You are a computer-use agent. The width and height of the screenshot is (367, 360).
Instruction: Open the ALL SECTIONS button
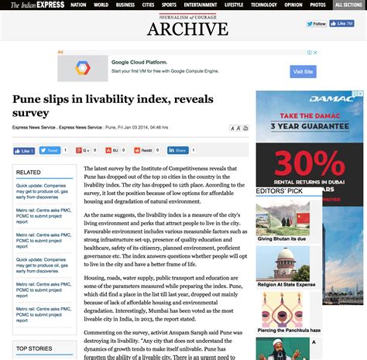click(x=349, y=5)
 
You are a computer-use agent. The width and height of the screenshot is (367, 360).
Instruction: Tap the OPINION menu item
click(x=293, y=5)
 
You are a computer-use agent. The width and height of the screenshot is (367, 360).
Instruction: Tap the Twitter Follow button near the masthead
click(x=317, y=24)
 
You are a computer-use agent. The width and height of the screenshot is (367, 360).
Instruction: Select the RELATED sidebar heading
click(x=29, y=172)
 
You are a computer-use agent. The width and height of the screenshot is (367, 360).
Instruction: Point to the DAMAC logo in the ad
click(x=310, y=98)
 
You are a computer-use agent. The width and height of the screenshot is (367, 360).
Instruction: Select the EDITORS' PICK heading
click(x=280, y=190)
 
